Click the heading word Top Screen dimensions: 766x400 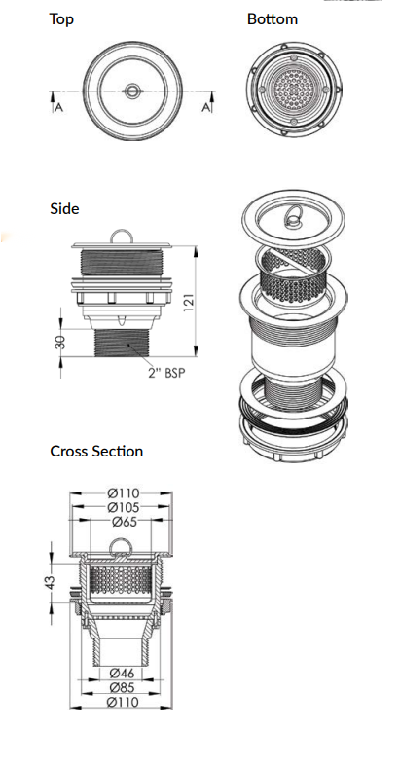(60, 19)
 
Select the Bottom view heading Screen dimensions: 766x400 (272, 19)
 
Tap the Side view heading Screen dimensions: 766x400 (64, 209)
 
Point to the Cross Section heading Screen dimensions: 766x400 (96, 451)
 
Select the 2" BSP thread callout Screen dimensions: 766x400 (165, 373)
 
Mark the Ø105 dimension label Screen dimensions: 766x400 (122, 507)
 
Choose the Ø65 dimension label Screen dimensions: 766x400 (122, 522)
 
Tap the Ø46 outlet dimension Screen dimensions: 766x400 (122, 672)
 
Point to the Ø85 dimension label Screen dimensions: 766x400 (122, 686)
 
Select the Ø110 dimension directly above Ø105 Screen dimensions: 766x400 (122, 492)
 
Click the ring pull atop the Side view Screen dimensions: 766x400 (122, 235)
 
